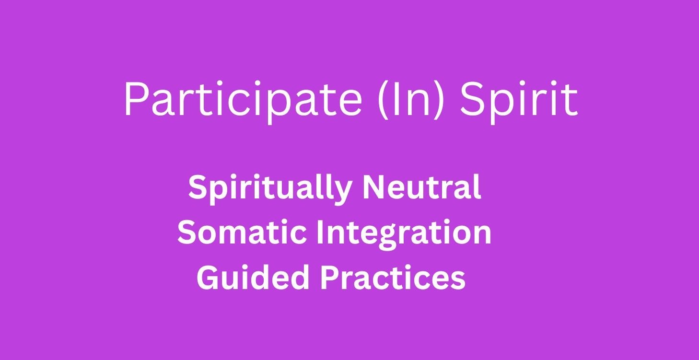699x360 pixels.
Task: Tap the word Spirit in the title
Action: coord(519,99)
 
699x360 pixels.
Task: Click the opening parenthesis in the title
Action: coord(384,100)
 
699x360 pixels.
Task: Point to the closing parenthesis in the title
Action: coord(437,100)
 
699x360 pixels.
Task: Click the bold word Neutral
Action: coord(422,186)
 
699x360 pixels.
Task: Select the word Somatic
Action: coord(242,232)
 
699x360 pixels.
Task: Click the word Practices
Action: coord(393,277)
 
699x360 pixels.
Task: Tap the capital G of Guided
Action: coord(208,278)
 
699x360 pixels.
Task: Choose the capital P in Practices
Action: coord(330,278)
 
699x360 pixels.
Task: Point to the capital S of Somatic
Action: coord(187,232)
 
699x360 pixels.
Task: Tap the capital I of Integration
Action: coord(320,232)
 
